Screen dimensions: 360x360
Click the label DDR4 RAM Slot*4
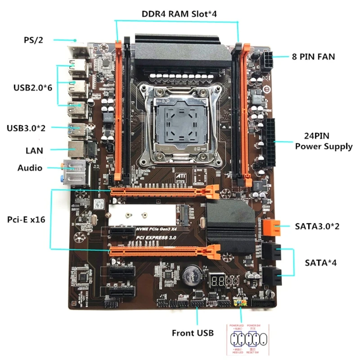point(179,13)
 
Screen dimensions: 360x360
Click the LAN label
point(34,150)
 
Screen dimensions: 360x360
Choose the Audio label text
point(30,168)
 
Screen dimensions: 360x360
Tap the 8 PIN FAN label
point(314,57)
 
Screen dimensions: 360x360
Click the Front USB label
point(193,333)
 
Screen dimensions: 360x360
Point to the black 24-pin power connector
point(271,142)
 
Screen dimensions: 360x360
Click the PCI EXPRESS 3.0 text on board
point(157,237)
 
